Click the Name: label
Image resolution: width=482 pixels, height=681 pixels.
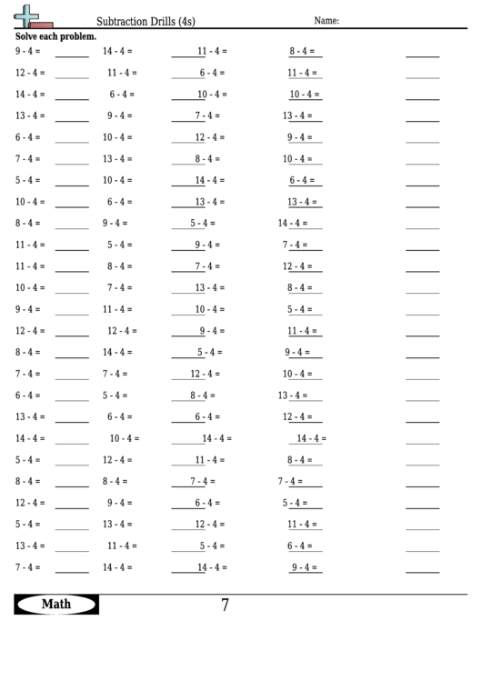(x=326, y=20)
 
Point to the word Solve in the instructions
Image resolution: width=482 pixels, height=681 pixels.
(x=27, y=37)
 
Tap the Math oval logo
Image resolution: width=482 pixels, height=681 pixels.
(x=56, y=605)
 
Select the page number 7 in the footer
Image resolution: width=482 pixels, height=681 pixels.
(x=225, y=605)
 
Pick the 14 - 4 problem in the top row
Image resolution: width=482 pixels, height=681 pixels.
(x=117, y=52)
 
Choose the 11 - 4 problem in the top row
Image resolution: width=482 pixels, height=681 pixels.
(x=212, y=52)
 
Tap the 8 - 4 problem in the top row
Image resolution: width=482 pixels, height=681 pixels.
(x=304, y=52)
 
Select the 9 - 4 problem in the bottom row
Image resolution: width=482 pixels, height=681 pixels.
(x=306, y=567)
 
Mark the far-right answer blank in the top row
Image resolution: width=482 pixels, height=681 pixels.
(x=422, y=55)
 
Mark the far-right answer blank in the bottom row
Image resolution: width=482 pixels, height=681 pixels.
(x=422, y=570)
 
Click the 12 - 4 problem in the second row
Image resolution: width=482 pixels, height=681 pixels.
(x=29, y=73)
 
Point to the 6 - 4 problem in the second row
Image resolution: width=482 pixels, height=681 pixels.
(x=213, y=73)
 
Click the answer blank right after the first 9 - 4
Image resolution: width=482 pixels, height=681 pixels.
(x=72, y=55)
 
